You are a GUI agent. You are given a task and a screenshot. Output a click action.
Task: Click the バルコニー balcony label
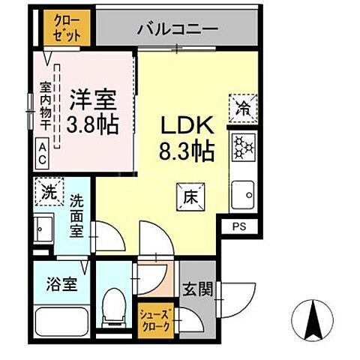[178, 30]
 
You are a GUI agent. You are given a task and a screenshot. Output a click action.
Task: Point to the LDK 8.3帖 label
[185, 137]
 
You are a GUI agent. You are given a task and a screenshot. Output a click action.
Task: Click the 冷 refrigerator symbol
[245, 106]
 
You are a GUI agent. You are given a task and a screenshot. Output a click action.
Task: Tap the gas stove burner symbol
[244, 147]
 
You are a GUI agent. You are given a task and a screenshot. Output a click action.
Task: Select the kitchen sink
[244, 197]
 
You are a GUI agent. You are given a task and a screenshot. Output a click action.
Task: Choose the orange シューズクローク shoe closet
[155, 319]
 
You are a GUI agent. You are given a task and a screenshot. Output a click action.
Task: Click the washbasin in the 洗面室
[44, 225]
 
